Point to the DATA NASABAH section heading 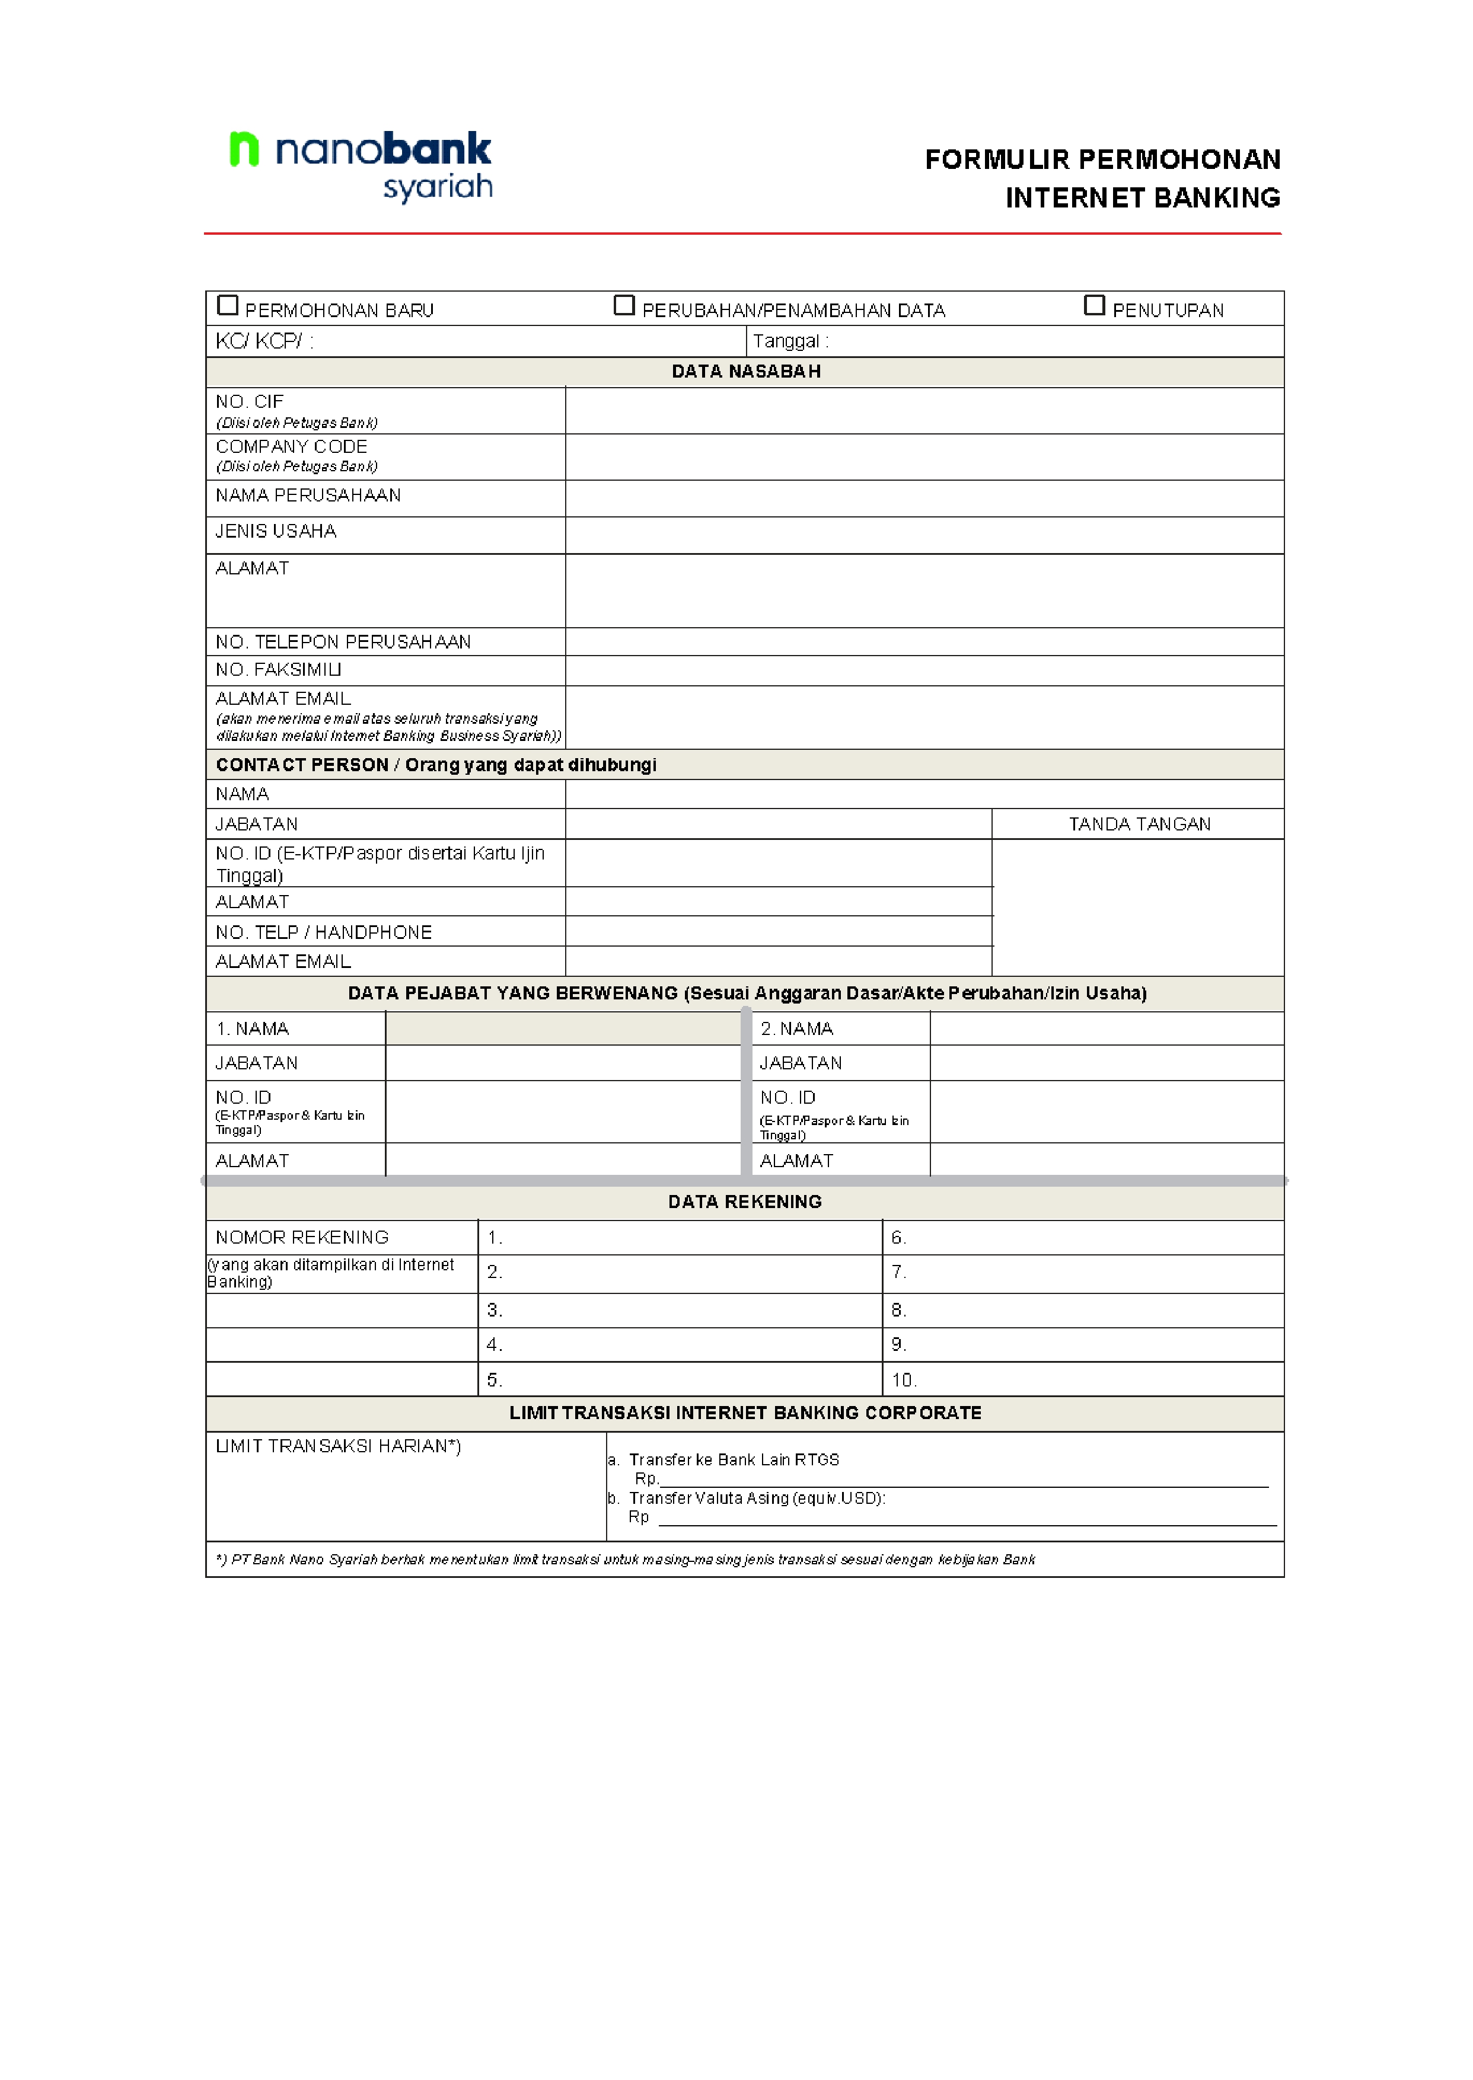click(745, 372)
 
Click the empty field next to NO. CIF click(923, 411)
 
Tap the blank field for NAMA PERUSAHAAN click(923, 499)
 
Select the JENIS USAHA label click(276, 531)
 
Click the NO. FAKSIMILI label click(279, 670)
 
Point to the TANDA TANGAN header click(1139, 824)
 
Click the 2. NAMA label click(796, 1029)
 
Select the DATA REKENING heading click(745, 1202)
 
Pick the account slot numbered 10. click(1084, 1380)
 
